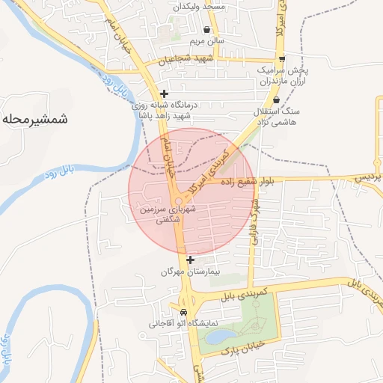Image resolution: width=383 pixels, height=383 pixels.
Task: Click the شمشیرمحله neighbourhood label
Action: pos(36,118)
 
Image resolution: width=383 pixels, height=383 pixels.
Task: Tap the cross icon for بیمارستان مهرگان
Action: pos(191,260)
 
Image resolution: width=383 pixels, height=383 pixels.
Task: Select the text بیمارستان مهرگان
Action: pos(191,273)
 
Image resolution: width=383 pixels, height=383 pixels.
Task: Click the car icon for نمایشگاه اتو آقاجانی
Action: pos(184,312)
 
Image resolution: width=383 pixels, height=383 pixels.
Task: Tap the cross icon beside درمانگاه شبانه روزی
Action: pos(164,94)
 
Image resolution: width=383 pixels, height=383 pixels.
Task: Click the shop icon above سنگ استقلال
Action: pos(276,99)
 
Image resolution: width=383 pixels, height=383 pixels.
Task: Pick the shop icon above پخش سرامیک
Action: pos(281,58)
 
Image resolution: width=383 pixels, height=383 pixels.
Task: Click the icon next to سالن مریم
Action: pos(206,30)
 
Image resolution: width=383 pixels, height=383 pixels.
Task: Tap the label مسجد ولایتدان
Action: pos(200,6)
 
